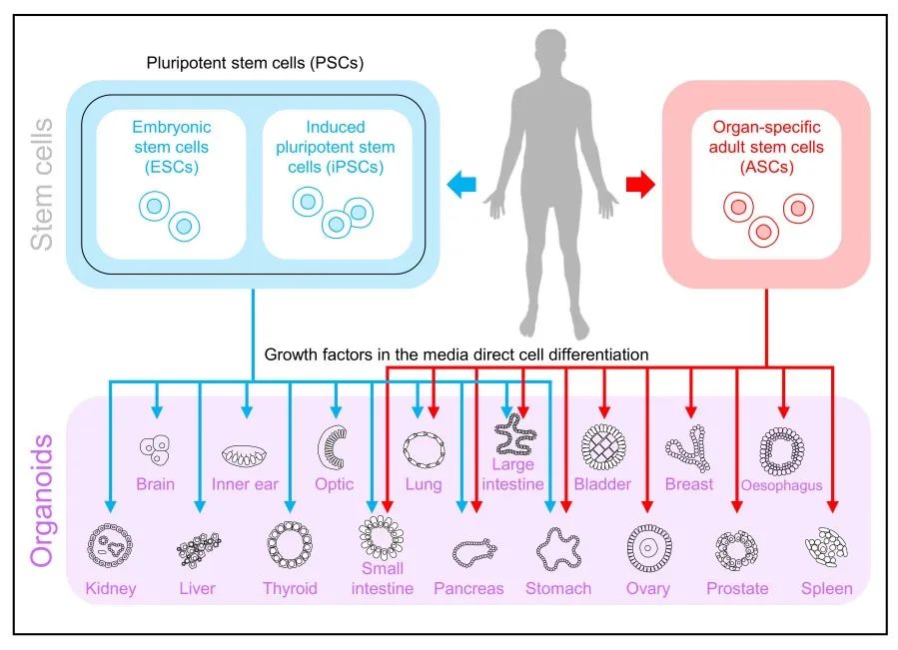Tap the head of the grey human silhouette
[x=551, y=51]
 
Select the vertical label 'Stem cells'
[x=40, y=185]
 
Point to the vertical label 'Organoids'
[x=40, y=499]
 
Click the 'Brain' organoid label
[x=156, y=484]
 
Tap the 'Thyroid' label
[x=290, y=588]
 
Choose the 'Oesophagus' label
[x=782, y=485]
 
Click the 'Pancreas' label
[x=468, y=588]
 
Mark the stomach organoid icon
[x=559, y=546]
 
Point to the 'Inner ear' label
[x=246, y=484]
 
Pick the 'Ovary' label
[x=647, y=588]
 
